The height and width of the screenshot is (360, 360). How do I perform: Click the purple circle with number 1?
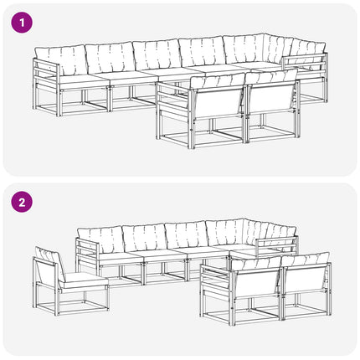[x=22, y=23]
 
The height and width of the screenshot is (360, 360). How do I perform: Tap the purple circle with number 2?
[x=22, y=202]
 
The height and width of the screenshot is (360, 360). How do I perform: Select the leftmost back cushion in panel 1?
[x=61, y=60]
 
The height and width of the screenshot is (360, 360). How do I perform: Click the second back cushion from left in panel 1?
[x=111, y=58]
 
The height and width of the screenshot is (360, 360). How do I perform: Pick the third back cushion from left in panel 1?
[x=157, y=55]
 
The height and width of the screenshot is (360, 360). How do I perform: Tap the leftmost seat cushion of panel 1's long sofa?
[x=83, y=80]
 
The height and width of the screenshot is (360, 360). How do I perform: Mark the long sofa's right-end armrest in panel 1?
[x=305, y=64]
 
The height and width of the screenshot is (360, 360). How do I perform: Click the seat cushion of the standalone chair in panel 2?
[x=85, y=280]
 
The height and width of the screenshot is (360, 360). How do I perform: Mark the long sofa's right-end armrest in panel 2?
[x=277, y=244]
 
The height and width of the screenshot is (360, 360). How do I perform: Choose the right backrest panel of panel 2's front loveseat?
[x=304, y=280]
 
